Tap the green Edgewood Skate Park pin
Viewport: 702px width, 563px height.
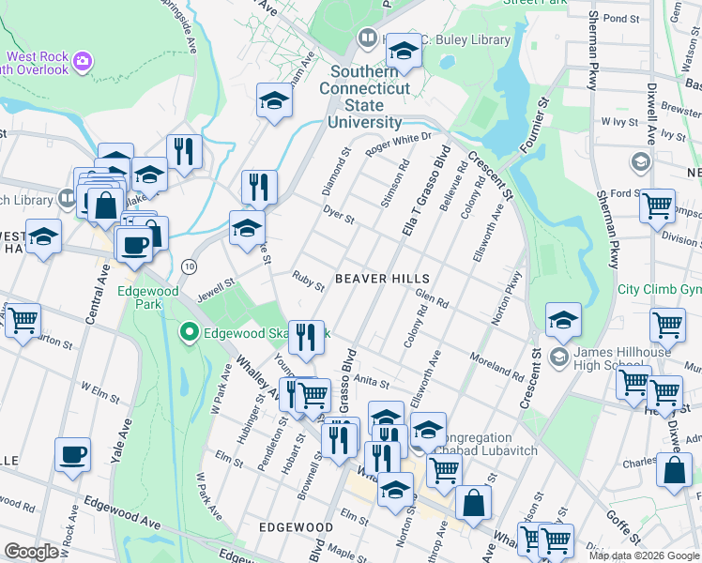point(189,332)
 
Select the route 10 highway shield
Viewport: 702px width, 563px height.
point(189,266)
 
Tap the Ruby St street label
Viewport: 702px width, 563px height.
point(308,279)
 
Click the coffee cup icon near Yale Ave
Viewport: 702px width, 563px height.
point(72,455)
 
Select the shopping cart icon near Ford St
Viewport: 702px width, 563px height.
point(657,205)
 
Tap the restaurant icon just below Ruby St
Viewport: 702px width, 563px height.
point(305,338)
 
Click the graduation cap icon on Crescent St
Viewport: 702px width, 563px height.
point(563,320)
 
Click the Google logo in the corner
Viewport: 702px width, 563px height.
point(32,552)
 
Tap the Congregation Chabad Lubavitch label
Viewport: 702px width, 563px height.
point(478,444)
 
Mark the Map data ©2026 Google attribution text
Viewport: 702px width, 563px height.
point(643,555)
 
